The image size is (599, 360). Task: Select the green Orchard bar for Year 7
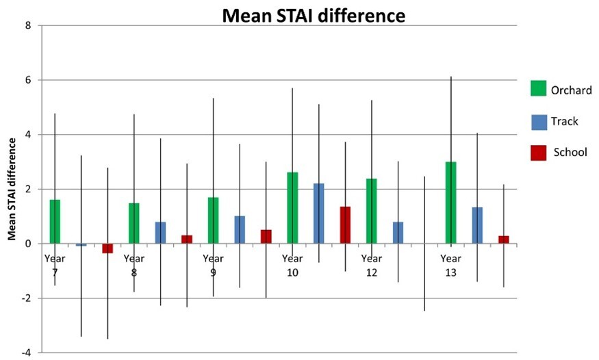coord(55,222)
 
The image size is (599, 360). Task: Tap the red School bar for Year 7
coord(107,248)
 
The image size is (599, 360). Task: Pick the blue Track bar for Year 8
coord(160,233)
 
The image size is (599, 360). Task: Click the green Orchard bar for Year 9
coord(213,220)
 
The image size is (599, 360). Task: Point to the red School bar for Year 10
coord(345,225)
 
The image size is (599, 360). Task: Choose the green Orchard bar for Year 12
coord(372,211)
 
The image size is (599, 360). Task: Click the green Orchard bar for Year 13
coord(450,203)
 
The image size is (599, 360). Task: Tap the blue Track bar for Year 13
coord(477,225)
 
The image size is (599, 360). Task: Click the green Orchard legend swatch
coord(539,89)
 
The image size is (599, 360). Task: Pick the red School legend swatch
coord(539,152)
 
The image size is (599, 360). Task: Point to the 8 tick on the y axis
coord(28,26)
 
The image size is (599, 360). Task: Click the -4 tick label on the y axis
coord(26,352)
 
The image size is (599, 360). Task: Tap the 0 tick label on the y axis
coord(28,244)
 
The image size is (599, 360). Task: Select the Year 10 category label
coord(292,266)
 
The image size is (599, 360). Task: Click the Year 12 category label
coord(372,266)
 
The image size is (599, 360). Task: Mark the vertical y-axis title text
coord(12,188)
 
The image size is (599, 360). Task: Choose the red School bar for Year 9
coord(266,237)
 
